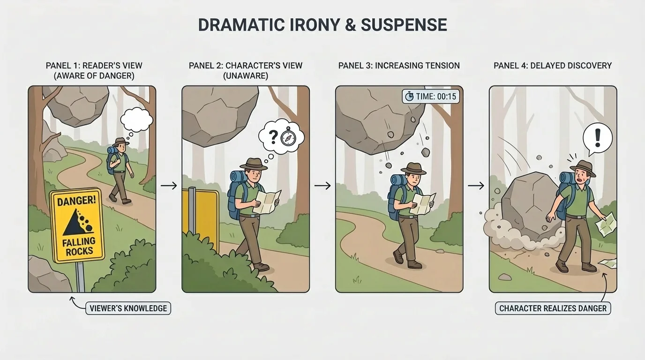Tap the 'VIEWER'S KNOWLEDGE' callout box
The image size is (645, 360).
(x=127, y=308)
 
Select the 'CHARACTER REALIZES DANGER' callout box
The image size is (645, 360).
(x=553, y=308)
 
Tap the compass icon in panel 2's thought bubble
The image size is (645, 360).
(x=287, y=138)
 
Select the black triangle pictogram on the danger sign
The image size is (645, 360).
(x=76, y=223)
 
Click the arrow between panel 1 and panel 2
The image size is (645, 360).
(x=169, y=186)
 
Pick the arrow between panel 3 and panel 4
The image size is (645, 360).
(x=476, y=186)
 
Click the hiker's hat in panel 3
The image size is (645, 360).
(x=413, y=169)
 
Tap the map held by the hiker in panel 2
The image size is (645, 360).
(x=267, y=202)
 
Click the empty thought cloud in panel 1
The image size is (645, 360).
(x=136, y=119)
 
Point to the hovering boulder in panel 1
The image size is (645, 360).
(x=78, y=106)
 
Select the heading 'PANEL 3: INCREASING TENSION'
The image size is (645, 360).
(x=399, y=66)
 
